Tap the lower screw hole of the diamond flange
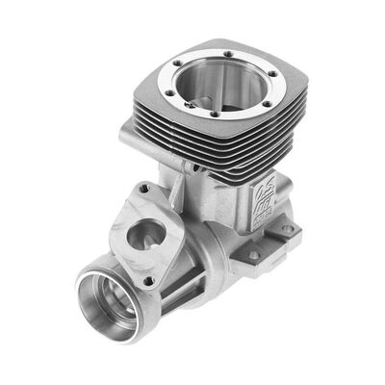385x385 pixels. pyautogui.click(x=147, y=280)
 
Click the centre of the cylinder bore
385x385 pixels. pyautogui.click(x=219, y=88)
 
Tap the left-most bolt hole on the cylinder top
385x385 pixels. pyautogui.click(x=167, y=91)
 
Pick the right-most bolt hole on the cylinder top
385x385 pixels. pyautogui.click(x=272, y=73)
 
